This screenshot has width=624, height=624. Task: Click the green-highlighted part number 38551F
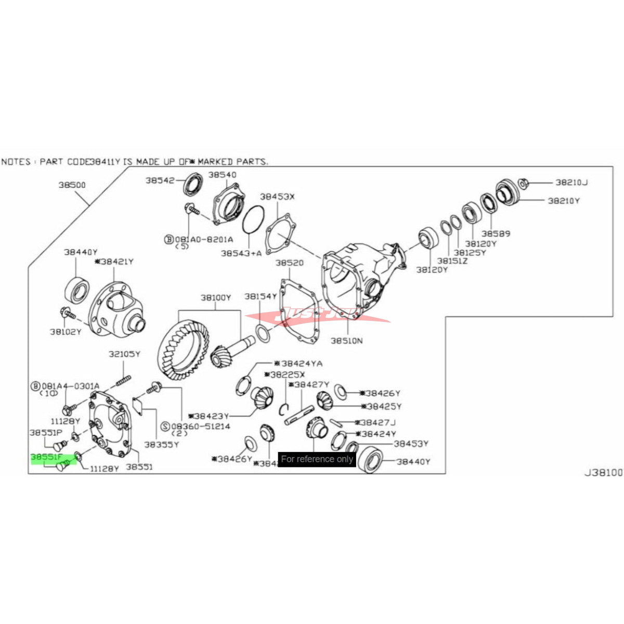pos(47,458)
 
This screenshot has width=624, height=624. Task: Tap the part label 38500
pos(72,185)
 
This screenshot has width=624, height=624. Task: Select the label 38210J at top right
pos(571,183)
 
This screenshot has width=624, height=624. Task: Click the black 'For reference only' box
pos(317,459)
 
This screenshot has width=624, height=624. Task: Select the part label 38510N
pos(347,341)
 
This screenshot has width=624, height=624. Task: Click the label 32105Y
pos(124,354)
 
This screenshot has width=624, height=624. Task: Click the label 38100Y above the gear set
pos(216,298)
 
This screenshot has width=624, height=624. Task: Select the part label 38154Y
pos(261,296)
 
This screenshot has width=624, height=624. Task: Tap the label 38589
pos(496,233)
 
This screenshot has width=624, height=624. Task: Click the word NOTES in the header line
pos(16,162)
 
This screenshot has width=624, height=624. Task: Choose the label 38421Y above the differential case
pos(116,262)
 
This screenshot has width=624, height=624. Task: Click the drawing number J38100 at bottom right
pos(603,473)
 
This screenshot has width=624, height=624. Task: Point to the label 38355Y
pos(161,445)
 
